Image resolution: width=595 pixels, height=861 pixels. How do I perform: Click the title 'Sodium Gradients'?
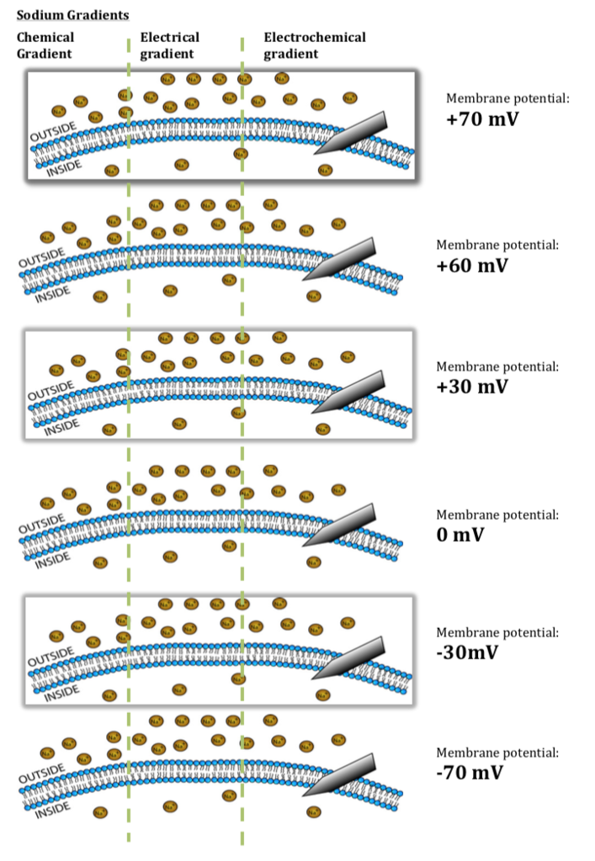click(72, 16)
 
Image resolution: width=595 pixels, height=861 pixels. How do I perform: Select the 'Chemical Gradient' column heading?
click(45, 45)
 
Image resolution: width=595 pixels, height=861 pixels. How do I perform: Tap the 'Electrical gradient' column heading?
click(169, 45)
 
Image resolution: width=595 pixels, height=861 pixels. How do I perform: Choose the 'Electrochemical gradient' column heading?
click(314, 45)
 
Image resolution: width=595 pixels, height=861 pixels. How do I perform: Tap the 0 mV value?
click(460, 534)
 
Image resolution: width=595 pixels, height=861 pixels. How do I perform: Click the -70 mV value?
click(470, 773)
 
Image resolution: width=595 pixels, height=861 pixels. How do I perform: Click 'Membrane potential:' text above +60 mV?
click(497, 245)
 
